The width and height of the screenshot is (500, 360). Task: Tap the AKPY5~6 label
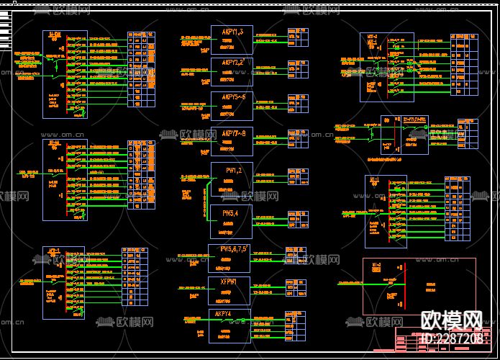pos(232,96)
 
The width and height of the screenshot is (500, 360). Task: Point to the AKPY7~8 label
pos(232,133)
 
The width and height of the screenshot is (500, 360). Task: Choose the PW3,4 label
pos(232,213)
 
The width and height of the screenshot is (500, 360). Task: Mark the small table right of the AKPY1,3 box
pos(294,36)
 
